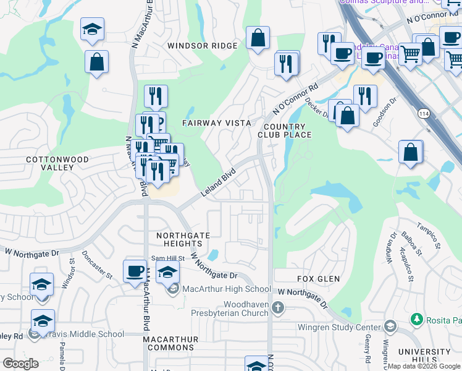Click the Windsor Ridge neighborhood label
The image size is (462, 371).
202,46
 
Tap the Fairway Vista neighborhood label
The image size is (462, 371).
216,123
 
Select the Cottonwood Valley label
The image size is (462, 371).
58,163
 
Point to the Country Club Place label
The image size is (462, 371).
285,130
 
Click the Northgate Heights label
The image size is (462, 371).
183,240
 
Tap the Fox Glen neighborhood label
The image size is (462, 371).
318,279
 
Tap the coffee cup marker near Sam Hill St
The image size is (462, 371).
135,271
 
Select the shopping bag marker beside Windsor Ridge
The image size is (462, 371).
258,38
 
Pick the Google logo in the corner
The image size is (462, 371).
20,364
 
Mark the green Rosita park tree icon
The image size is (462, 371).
417,320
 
